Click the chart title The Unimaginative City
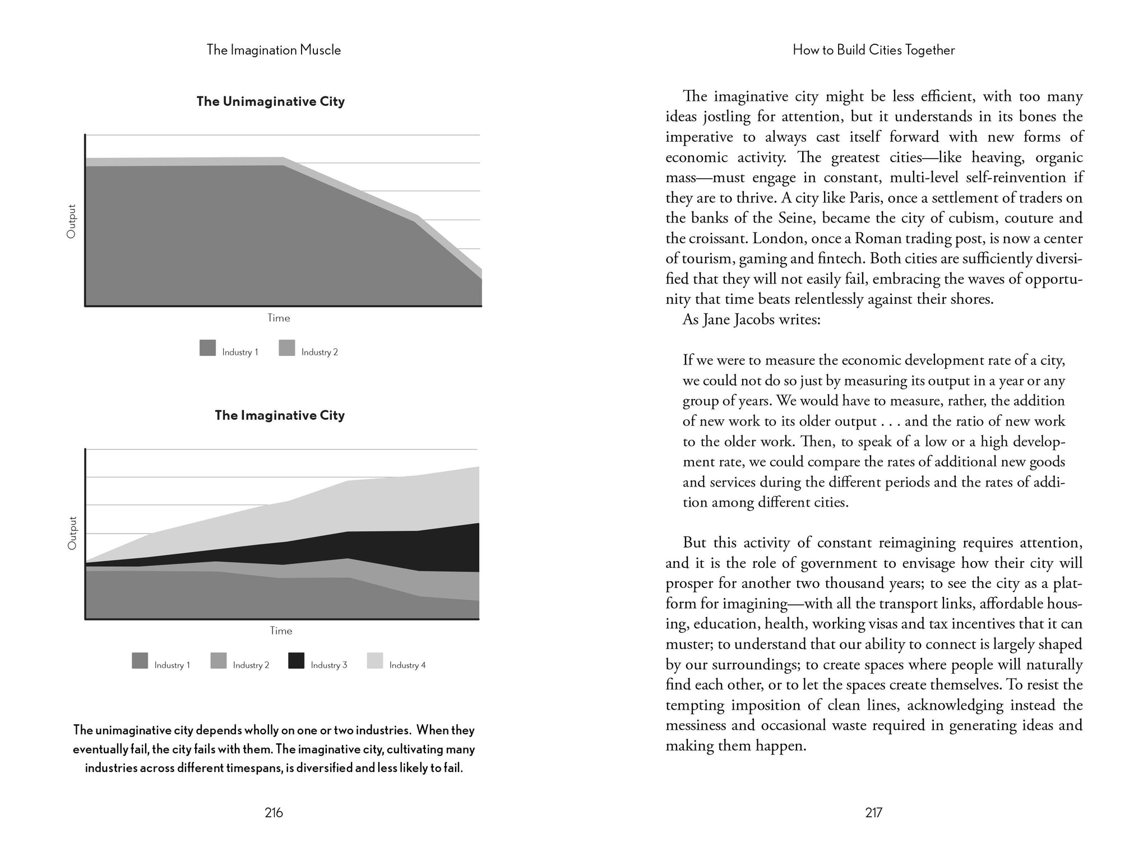[270, 101]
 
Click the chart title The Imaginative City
[280, 415]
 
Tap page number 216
[274, 813]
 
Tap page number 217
[874, 813]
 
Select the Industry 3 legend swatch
[296, 661]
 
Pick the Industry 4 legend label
[408, 665]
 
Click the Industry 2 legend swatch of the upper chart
[286, 348]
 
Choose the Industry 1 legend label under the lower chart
[172, 665]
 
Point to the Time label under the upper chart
[279, 318]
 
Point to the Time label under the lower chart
[281, 631]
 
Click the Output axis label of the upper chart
[71, 221]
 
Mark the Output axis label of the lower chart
[72, 533]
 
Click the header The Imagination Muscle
[274, 50]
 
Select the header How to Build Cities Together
[873, 50]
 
